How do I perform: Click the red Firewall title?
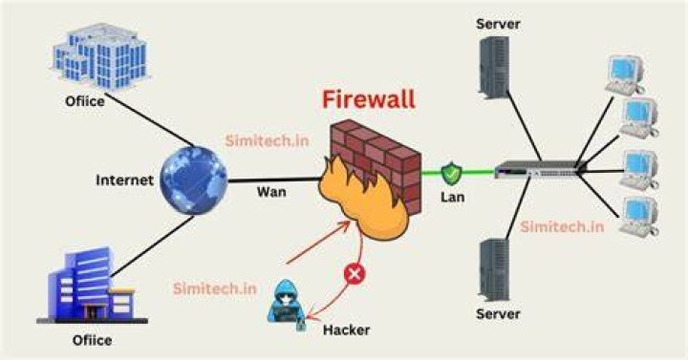tap(369, 99)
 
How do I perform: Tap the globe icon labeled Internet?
tap(193, 180)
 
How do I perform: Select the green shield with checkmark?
tap(451, 174)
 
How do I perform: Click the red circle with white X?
tap(355, 274)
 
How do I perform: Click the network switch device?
tap(540, 170)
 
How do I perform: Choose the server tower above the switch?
tap(494, 68)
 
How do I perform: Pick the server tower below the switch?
tap(494, 270)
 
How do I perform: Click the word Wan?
tap(271, 192)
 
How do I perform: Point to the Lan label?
tap(452, 197)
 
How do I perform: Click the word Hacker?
tap(346, 329)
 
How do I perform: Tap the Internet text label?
tap(124, 180)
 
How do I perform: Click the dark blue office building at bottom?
tap(92, 286)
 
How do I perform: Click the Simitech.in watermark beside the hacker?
tap(215, 288)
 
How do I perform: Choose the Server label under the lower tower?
tap(498, 314)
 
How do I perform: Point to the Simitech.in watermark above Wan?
tap(267, 140)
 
